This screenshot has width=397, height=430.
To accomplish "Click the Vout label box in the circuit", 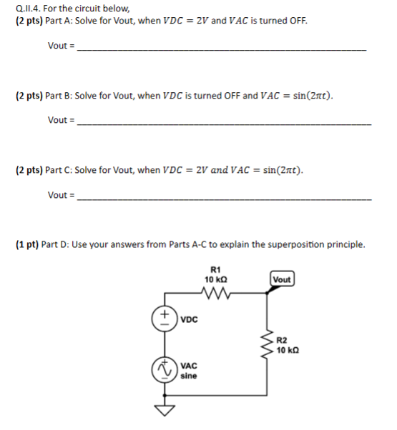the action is tap(281, 279).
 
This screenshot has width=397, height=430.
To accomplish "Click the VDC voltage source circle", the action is tap(164, 317).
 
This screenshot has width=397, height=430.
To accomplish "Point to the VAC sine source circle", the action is tap(164, 369).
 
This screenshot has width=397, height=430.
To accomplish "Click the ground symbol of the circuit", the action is tap(164, 411).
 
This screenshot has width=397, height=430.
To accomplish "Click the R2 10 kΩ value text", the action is tap(290, 351).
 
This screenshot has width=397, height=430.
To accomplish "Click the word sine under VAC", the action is tap(189, 376).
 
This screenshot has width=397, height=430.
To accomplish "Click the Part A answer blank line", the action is tap(221, 49).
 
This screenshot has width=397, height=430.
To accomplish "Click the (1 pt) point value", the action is tap(27, 244).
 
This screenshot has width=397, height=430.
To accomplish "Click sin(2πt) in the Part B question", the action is tap(308, 95).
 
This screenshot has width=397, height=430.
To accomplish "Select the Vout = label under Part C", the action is tap(62, 194).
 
